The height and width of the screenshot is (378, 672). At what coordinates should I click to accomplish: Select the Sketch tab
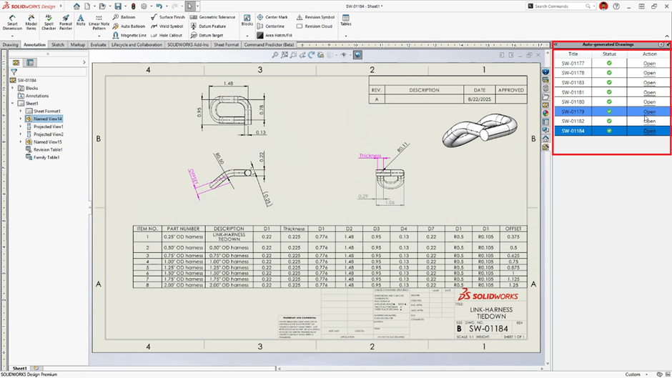click(x=57, y=44)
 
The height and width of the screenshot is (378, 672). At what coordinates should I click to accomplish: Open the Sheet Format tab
click(x=227, y=44)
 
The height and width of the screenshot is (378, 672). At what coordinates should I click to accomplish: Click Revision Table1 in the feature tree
click(x=48, y=149)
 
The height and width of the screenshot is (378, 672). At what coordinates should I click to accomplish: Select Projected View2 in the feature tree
click(x=48, y=134)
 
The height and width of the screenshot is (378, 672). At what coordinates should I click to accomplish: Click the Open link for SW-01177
click(x=649, y=63)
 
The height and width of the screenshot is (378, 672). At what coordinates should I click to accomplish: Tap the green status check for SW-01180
click(x=609, y=101)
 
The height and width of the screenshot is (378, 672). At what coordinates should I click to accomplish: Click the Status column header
click(x=609, y=54)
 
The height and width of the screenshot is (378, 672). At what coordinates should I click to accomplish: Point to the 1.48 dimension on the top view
click(x=229, y=84)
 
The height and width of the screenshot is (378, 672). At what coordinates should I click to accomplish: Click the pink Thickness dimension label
click(x=370, y=155)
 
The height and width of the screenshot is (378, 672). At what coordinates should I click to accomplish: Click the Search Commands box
click(x=561, y=6)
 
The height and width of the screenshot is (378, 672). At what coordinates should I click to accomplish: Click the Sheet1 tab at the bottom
click(x=19, y=368)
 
